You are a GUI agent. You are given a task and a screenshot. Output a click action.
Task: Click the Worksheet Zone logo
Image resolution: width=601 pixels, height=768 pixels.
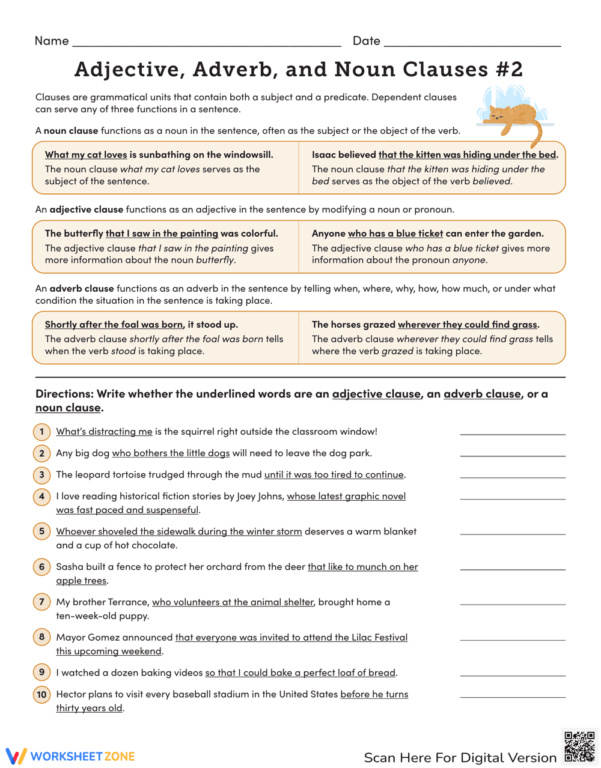click(70, 756)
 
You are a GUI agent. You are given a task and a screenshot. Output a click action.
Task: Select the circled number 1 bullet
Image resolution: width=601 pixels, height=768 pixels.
click(41, 431)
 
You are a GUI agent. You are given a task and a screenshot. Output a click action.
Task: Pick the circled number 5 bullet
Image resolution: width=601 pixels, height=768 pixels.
click(41, 531)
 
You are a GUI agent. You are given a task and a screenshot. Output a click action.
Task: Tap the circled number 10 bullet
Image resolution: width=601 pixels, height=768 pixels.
click(41, 694)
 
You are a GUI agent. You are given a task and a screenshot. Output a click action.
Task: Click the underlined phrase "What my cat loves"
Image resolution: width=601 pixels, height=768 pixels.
click(86, 155)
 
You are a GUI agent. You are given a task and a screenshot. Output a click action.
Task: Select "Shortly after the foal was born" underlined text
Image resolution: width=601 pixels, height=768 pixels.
click(114, 324)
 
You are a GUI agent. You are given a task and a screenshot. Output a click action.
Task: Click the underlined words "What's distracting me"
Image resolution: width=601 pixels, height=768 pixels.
click(104, 431)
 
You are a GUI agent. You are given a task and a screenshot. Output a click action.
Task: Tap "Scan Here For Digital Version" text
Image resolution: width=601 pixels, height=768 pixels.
click(460, 757)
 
